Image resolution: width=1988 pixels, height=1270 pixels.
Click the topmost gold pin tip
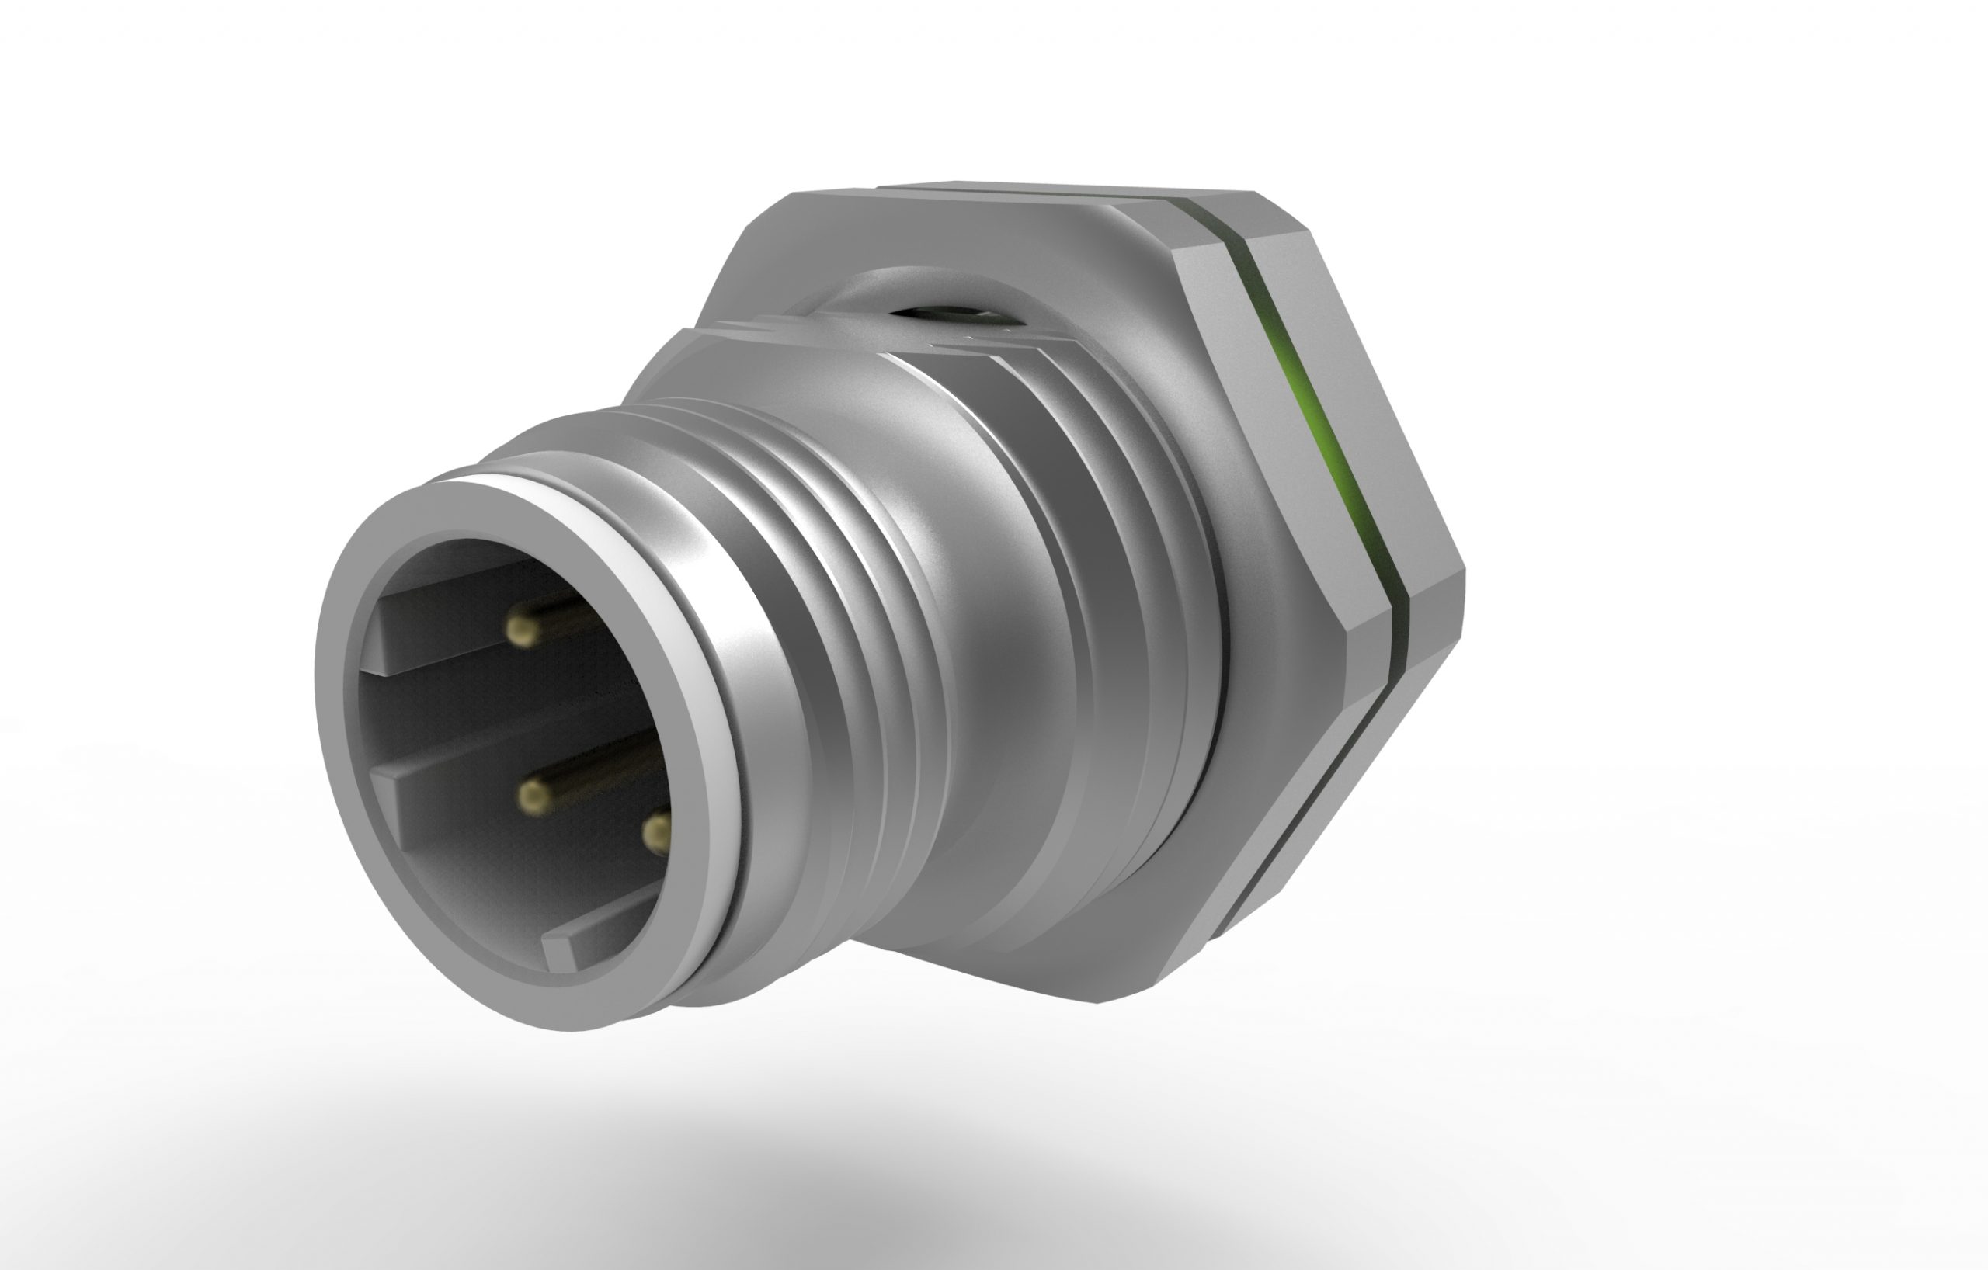coord(523,633)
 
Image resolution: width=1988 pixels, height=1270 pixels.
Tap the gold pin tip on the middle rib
coord(534,794)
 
